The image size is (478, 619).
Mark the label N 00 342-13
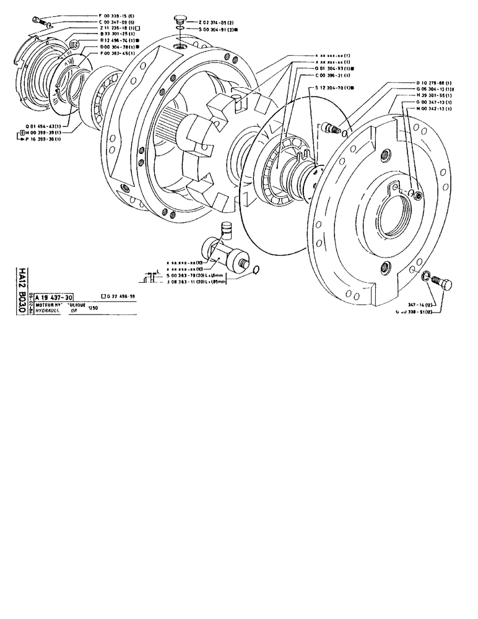point(431,108)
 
